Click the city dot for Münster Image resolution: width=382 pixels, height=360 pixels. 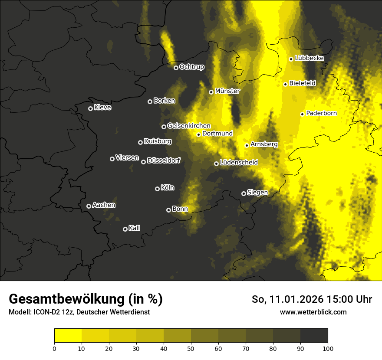pyautogui.click(x=211, y=92)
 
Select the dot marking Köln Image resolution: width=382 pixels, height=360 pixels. pyautogui.click(x=158, y=189)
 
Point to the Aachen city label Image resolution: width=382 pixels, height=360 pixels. pyautogui.click(x=104, y=205)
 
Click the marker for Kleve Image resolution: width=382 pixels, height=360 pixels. pyautogui.click(x=91, y=108)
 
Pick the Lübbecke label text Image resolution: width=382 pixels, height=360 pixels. pyautogui.click(x=309, y=59)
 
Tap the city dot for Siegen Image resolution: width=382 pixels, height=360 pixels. pyautogui.click(x=244, y=193)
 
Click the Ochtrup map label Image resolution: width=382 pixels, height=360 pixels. pyautogui.click(x=191, y=67)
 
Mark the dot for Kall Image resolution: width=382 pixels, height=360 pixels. pyautogui.click(x=125, y=229)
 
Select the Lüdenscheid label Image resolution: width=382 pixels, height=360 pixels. pyautogui.click(x=239, y=163)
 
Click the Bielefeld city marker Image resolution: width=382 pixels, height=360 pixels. pyautogui.click(x=286, y=84)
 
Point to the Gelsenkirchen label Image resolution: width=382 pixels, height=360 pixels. pyautogui.click(x=189, y=126)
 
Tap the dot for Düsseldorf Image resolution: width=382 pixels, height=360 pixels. pyautogui.click(x=144, y=162)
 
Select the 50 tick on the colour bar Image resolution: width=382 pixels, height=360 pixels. pyautogui.click(x=191, y=348)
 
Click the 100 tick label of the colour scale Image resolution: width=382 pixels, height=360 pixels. pyautogui.click(x=328, y=348)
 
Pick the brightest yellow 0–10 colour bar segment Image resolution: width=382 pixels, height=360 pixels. pyautogui.click(x=68, y=335)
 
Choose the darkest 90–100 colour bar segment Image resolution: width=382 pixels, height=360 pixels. pyautogui.click(x=314, y=335)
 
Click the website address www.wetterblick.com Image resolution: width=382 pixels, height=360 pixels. pyautogui.click(x=313, y=312)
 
